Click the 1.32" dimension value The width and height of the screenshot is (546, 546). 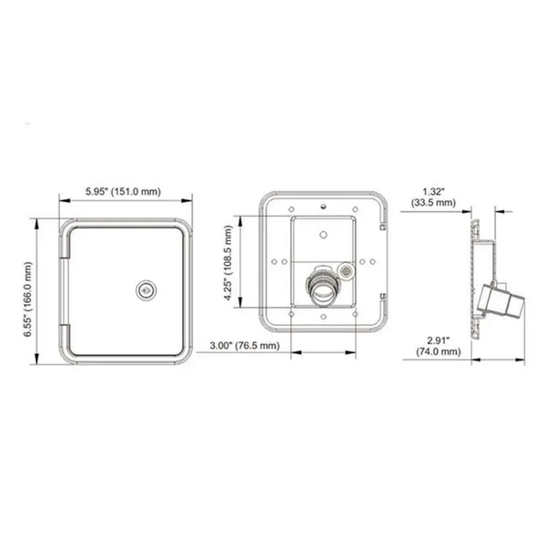click(434, 191)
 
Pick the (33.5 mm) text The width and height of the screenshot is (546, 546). click(434, 203)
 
